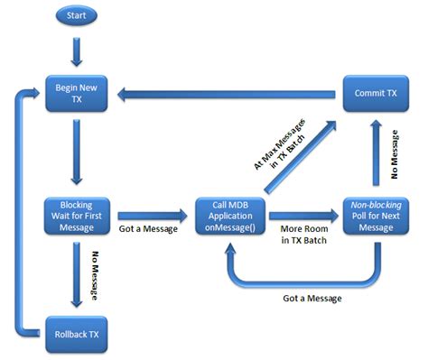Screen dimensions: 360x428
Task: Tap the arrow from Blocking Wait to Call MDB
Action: [x=154, y=217]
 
